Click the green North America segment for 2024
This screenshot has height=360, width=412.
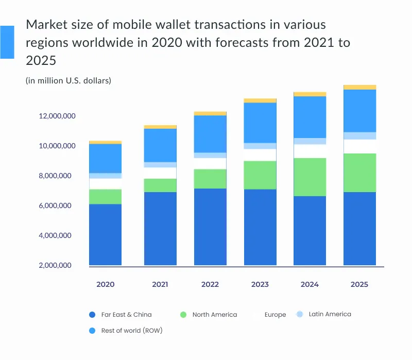[x=310, y=177]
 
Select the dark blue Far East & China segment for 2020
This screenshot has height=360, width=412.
[x=105, y=234]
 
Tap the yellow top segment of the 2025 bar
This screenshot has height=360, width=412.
[x=359, y=87]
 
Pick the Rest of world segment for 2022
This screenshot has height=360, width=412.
[x=210, y=134]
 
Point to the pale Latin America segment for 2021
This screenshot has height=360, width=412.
[x=160, y=165]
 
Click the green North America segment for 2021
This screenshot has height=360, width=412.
[x=160, y=185]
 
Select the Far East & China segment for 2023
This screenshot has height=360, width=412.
[x=260, y=227]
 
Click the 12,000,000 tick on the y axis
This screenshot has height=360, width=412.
[x=57, y=116]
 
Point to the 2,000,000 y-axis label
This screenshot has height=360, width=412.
[x=57, y=266]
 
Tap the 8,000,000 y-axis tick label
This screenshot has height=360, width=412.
[x=57, y=176]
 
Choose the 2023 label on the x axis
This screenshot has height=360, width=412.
[x=260, y=284]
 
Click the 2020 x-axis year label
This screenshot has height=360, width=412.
[x=105, y=284]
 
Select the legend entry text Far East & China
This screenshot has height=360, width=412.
[x=126, y=314]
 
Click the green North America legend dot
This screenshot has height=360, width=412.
[x=182, y=314]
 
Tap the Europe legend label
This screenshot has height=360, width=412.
[x=275, y=315]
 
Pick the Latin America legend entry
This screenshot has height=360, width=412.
[x=330, y=314]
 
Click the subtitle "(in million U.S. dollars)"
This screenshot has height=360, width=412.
[x=68, y=80]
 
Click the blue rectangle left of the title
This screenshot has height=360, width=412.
[x=7, y=42]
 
